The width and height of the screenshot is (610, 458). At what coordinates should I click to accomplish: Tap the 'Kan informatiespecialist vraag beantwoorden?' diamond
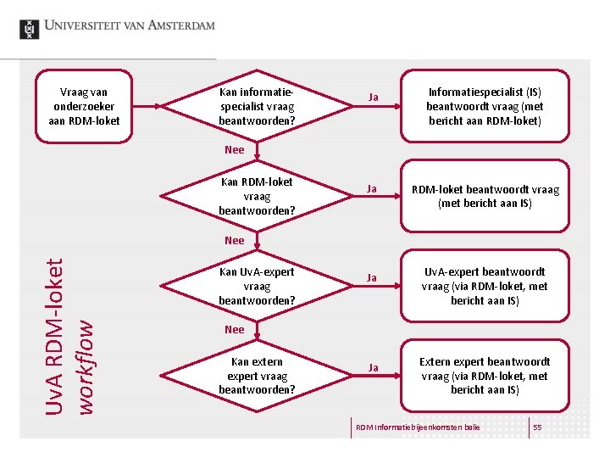point(257,106)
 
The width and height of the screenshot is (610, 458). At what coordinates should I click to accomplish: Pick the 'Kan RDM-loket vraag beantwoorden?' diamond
point(257,196)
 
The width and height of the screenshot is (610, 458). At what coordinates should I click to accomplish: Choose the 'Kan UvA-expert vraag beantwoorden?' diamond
point(257,286)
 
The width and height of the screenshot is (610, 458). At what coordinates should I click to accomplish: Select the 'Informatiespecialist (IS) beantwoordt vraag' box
point(485,106)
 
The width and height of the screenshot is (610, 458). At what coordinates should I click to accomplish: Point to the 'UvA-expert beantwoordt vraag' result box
point(485,286)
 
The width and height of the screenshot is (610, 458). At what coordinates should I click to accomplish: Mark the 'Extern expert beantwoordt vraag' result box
point(485,376)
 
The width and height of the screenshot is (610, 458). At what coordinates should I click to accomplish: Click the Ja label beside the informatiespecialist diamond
point(372,98)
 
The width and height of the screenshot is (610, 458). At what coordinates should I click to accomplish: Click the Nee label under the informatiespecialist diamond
point(235,150)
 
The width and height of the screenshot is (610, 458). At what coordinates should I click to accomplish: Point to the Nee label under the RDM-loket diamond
point(235,241)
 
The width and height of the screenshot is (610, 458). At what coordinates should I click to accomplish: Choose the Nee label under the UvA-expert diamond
point(235,330)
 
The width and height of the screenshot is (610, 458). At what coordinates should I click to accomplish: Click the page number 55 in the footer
point(537,427)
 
